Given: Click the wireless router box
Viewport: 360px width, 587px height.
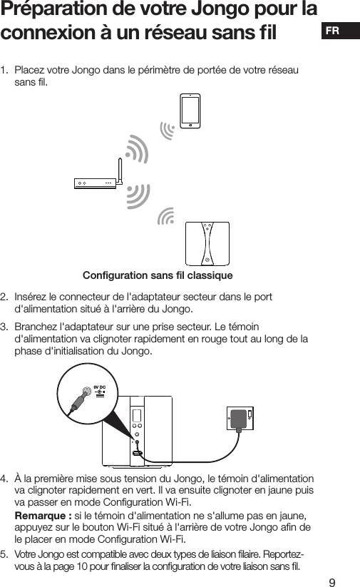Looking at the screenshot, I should [x=96, y=183].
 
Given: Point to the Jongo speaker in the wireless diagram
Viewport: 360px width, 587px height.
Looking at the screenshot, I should [x=207, y=243].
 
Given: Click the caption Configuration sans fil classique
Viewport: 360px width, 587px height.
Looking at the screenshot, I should [x=158, y=275].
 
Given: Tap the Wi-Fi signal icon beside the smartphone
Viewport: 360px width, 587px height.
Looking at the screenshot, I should [x=168, y=129].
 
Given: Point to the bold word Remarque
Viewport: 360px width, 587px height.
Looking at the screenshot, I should [x=41, y=516].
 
